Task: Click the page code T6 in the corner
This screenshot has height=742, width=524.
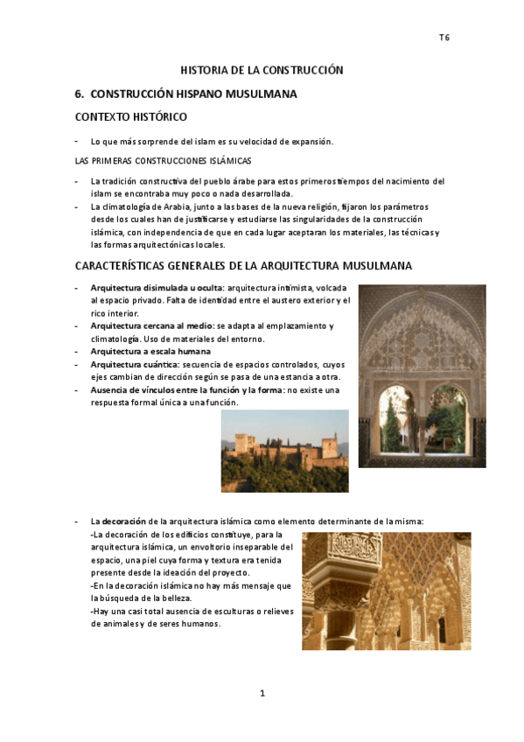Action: [444, 38]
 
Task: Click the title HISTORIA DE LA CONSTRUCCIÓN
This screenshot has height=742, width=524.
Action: [262, 70]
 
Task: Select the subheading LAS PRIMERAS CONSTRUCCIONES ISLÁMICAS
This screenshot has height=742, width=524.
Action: [163, 161]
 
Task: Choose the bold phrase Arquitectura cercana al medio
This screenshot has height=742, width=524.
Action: [151, 325]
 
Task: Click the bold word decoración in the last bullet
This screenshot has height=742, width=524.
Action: [124, 521]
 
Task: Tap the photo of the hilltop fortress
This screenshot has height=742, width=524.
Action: [284, 451]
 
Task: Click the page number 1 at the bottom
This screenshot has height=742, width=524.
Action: [262, 693]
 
